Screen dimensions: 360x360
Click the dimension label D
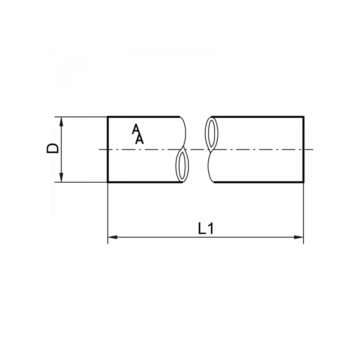tap(53, 148)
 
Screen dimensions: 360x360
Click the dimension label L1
tap(206, 229)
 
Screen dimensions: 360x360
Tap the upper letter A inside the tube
tap(135, 130)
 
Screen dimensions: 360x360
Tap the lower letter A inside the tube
tap(139, 139)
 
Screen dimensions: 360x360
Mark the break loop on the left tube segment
tap(181, 166)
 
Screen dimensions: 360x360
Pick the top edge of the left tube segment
tap(144, 117)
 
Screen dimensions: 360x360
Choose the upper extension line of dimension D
tap(81, 117)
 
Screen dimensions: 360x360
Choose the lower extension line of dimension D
tap(81, 182)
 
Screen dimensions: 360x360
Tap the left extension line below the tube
tap(108, 211)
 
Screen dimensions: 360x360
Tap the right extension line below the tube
tap(304, 211)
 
